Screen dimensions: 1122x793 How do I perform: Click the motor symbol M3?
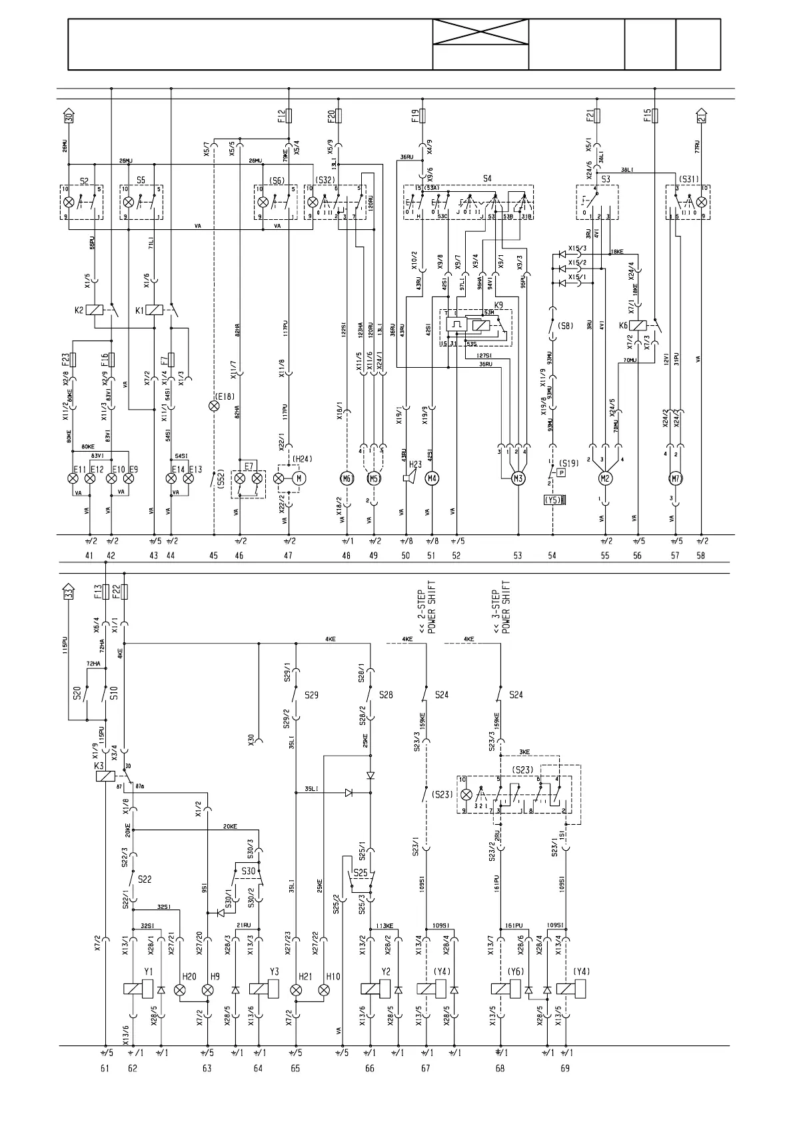518,478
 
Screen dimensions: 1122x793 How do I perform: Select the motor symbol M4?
432,478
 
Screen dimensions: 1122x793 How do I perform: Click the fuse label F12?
281,117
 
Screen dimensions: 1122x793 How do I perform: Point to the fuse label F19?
414,117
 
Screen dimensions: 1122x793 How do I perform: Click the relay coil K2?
97,310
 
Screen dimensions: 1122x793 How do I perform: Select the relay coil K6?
638,326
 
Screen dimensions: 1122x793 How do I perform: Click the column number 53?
518,555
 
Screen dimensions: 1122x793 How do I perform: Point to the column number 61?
105,1067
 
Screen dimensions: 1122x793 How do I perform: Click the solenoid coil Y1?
133,989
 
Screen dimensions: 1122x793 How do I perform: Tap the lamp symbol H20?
180,990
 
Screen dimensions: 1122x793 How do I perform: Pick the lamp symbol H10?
324,990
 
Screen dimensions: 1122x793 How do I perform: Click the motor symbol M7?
676,478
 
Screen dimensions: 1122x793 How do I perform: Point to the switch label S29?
311,695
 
